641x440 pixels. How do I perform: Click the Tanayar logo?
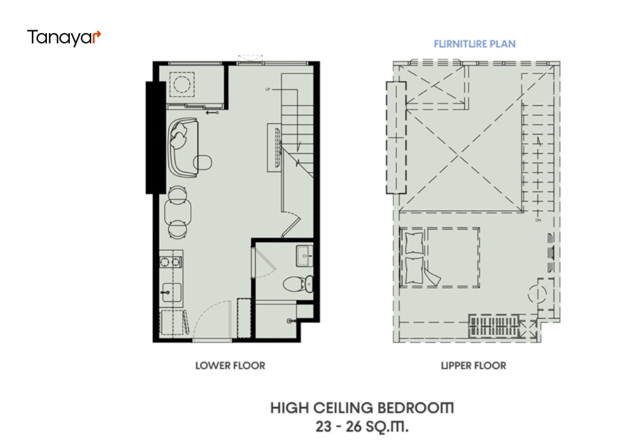(64, 37)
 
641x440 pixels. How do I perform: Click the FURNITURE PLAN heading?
(474, 44)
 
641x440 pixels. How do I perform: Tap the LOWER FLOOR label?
(230, 365)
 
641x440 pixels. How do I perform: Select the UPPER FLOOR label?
(474, 365)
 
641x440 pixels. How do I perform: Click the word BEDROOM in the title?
(415, 408)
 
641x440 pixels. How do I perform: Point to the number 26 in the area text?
(354, 427)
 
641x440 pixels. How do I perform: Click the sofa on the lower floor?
(183, 147)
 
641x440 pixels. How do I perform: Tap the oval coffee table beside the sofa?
(203, 163)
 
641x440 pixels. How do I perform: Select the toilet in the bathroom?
(298, 284)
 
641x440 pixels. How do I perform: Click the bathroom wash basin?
(304, 255)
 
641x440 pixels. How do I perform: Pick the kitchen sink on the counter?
(171, 293)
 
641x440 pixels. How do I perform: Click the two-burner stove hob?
(171, 262)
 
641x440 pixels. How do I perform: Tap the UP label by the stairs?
(268, 89)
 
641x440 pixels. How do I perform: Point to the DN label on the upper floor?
(538, 220)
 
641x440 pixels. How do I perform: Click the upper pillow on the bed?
(414, 244)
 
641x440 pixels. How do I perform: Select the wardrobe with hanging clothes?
(494, 326)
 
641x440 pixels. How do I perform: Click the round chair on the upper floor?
(537, 294)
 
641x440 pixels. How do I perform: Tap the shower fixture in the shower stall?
(290, 321)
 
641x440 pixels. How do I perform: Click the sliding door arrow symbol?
(212, 113)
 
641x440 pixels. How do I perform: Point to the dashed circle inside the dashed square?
(182, 84)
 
